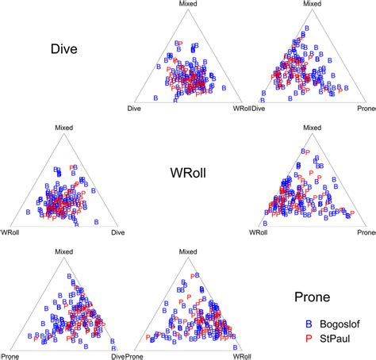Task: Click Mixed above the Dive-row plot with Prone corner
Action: (313, 5)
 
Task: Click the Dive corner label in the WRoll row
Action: (118, 232)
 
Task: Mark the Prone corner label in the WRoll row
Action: (365, 232)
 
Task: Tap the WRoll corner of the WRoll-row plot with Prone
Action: (259, 232)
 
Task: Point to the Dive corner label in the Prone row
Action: (118, 355)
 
